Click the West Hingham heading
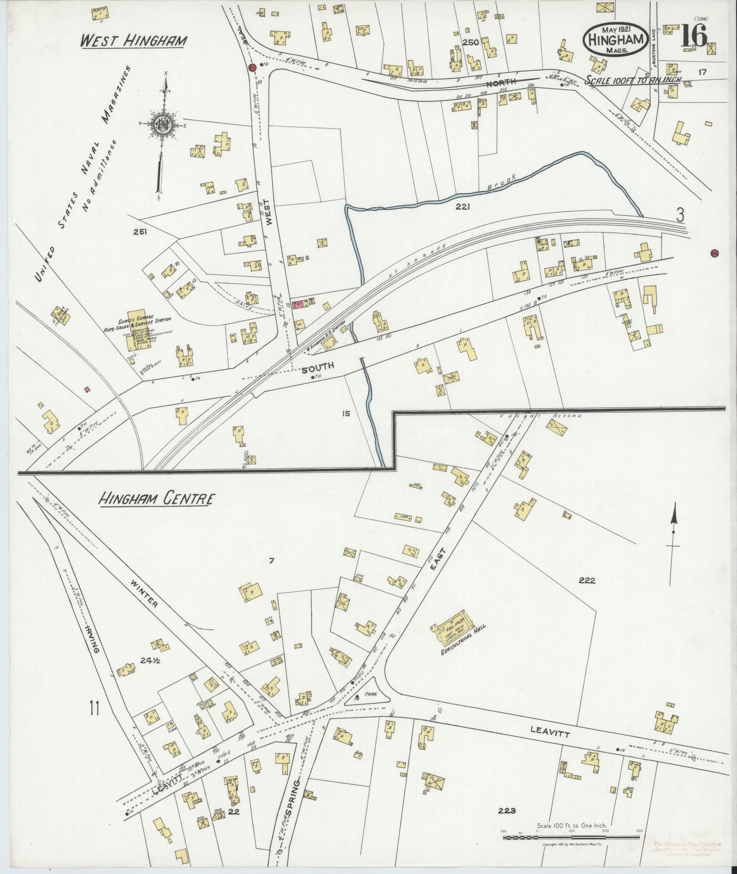pos(133,41)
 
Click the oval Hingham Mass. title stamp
pos(615,40)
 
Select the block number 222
pos(587,581)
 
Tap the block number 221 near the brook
pos(462,207)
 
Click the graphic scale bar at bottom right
pos(571,837)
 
